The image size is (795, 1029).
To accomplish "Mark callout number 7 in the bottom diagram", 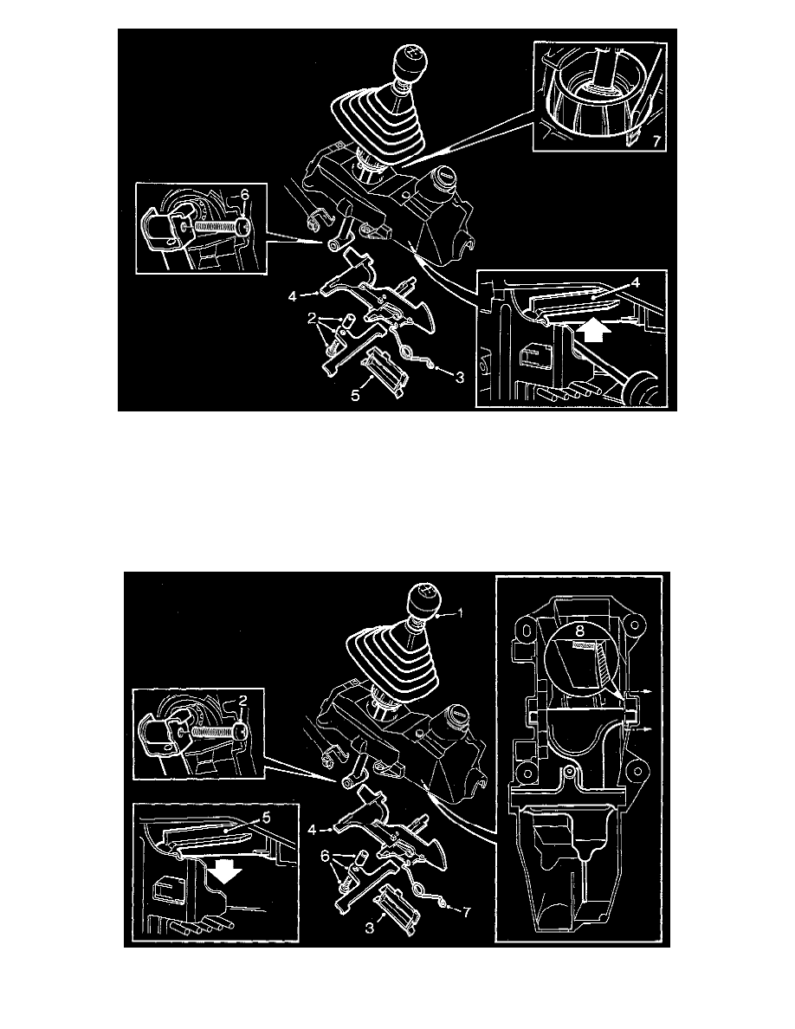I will tap(469, 910).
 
